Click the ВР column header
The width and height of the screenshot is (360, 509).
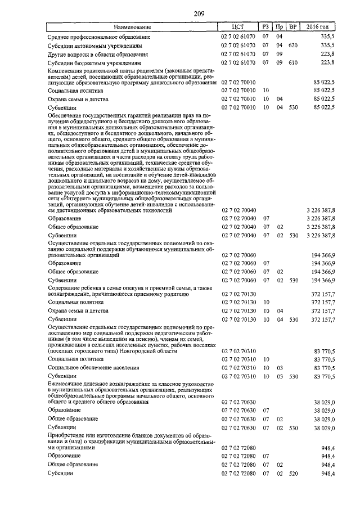coord(292,27)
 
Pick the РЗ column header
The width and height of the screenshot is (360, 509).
coord(265,27)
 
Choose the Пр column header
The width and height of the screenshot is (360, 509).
coord(280,27)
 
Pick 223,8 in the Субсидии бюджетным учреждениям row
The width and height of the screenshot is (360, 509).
coord(327,63)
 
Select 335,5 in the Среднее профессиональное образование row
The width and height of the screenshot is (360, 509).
coord(327,36)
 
